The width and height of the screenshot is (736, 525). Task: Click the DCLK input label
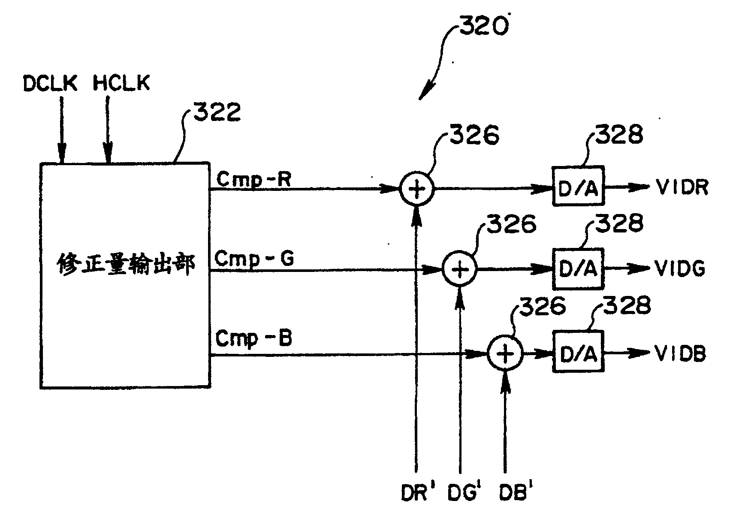pos(50,83)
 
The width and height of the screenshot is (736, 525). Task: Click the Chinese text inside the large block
pos(126,266)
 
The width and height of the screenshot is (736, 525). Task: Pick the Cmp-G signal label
pos(254,259)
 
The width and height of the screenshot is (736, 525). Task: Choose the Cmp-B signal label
pos(254,338)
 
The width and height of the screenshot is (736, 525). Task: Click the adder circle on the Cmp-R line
pos(416,189)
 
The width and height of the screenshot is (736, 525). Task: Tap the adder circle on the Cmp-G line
pos(459,269)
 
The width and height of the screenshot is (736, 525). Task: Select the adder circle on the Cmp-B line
pos(505,354)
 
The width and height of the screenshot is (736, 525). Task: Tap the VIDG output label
pos(680,269)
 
